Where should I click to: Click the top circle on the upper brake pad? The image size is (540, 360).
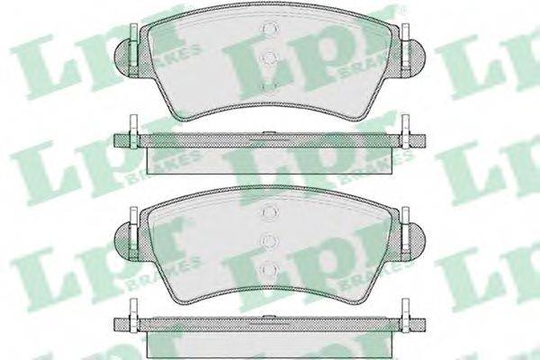[x=270, y=29]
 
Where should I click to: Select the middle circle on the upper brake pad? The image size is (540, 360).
[x=270, y=58]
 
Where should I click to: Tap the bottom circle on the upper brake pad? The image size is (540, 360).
[x=270, y=86]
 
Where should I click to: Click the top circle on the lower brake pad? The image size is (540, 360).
[x=270, y=211]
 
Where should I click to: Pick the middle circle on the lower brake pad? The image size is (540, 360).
[x=270, y=239]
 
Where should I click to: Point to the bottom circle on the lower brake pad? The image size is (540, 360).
[x=270, y=269]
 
